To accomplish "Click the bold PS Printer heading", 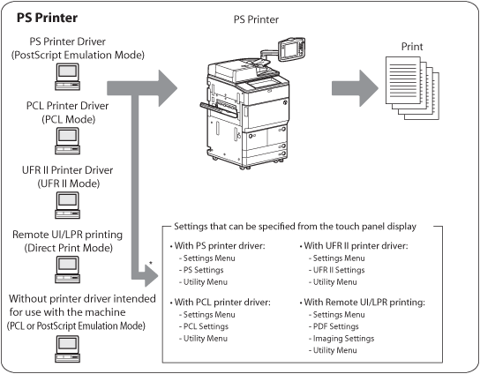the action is pyautogui.click(x=47, y=18).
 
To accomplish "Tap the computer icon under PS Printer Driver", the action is pyautogui.click(x=67, y=77).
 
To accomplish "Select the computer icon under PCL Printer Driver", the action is pyautogui.click(x=67, y=141).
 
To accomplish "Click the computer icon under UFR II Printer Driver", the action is pyautogui.click(x=67, y=205).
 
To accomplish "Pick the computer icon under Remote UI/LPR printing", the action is pyautogui.click(x=67, y=269).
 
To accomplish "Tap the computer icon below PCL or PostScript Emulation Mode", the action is pyautogui.click(x=67, y=349).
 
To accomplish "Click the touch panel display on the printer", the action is pyautogui.click(x=291, y=49).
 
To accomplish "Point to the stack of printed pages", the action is pyautogui.click(x=412, y=88).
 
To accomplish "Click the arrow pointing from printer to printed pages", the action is pyautogui.click(x=355, y=88).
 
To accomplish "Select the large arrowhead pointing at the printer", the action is pyautogui.click(x=167, y=88).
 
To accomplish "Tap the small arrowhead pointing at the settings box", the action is pyautogui.click(x=151, y=276).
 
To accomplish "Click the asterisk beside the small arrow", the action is pyautogui.click(x=151, y=263).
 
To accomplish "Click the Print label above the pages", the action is pyautogui.click(x=412, y=47).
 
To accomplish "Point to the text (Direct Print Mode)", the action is pyautogui.click(x=68, y=248).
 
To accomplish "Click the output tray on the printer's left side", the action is pyautogui.click(x=219, y=109).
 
